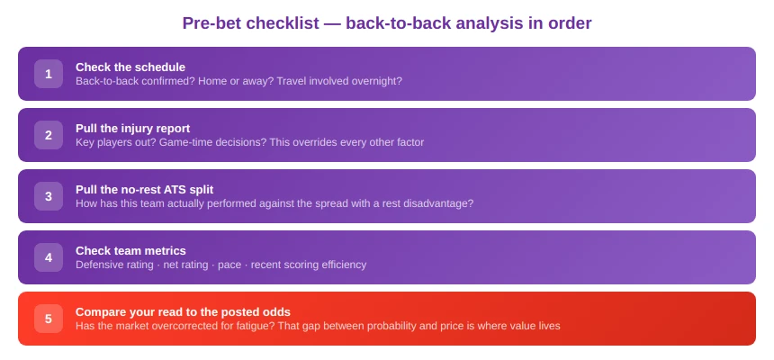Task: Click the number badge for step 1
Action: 49,74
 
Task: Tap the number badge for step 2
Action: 49,135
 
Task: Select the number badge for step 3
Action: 49,196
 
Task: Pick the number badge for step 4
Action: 49,257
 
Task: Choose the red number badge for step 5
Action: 49,319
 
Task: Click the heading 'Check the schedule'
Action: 130,67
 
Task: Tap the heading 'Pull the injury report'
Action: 132,128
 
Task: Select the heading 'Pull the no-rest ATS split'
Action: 144,189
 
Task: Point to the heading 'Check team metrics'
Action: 130,250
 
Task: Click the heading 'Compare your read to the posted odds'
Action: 183,311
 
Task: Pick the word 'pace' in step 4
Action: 230,265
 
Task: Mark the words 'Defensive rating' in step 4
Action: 114,265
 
